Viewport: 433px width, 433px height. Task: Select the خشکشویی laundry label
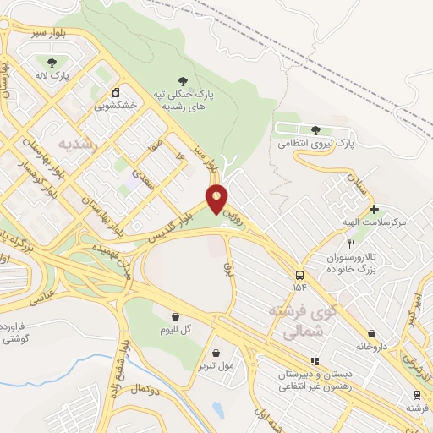[116, 107]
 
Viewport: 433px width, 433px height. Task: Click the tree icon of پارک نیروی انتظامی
[315, 130]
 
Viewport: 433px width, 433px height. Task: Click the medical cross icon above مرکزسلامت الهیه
[374, 208]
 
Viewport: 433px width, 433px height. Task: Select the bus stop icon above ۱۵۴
[299, 275]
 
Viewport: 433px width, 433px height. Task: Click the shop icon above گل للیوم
[175, 315]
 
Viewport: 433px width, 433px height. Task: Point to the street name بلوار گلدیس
[167, 224]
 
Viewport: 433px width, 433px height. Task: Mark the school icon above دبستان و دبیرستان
[314, 361]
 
